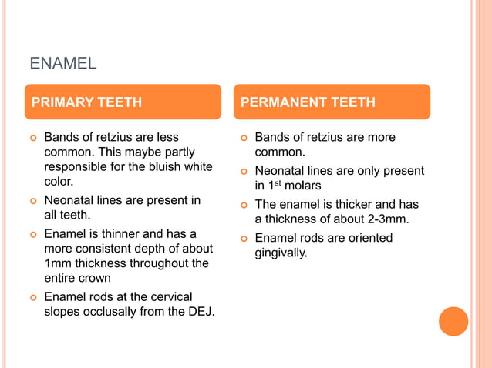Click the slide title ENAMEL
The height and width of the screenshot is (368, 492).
coord(63,63)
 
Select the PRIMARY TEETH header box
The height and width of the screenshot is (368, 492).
coord(123,102)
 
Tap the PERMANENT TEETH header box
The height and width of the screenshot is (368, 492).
coord(332,102)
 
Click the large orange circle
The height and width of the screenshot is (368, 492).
coord(453,321)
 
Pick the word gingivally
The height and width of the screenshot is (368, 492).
coord(281,253)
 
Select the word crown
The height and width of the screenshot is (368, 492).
coord(95,278)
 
